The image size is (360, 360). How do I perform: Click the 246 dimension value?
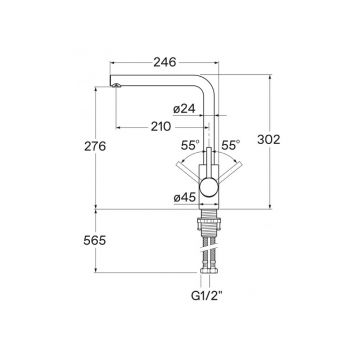[x=165, y=62]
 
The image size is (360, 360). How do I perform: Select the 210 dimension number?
[x=161, y=127]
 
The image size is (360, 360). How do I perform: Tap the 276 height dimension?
[x=95, y=146]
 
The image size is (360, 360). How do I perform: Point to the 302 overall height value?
[x=269, y=140]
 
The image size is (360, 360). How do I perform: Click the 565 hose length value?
[x=95, y=241]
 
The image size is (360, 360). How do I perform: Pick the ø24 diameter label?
[x=184, y=109]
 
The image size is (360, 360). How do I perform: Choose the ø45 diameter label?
[x=184, y=198]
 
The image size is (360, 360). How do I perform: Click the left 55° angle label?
[x=190, y=145]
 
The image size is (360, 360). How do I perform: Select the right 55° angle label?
[x=231, y=145]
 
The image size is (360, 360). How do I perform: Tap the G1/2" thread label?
[x=207, y=295]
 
